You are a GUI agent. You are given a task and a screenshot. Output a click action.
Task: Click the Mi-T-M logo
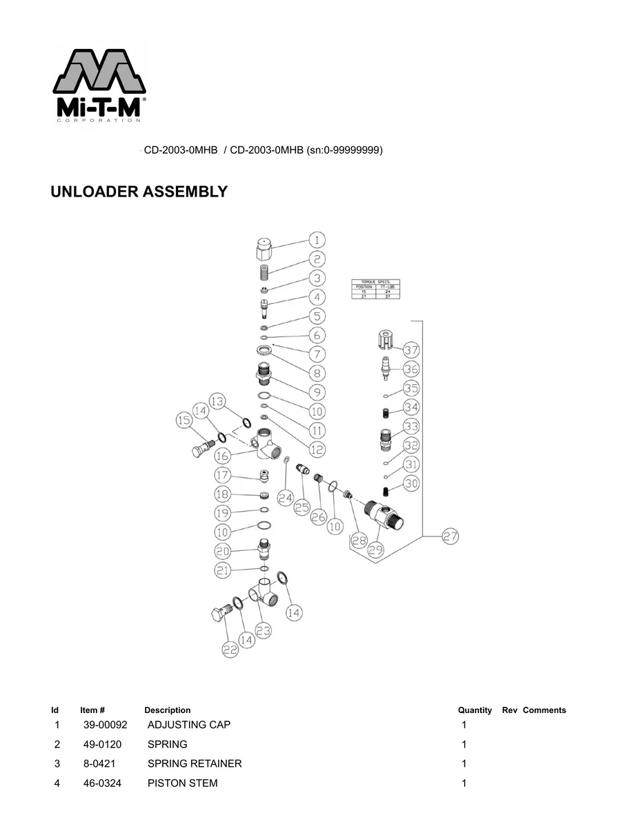click(99, 85)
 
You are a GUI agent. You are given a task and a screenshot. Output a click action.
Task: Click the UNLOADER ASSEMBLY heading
click(139, 192)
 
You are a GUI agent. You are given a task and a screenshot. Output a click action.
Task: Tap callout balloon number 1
click(317, 240)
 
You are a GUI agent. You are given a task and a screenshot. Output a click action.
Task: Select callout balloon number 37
click(411, 350)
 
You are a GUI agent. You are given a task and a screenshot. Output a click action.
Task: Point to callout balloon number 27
click(450, 536)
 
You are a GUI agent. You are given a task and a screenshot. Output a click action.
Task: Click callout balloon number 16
click(222, 456)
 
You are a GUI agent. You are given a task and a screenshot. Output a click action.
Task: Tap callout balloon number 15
click(183, 420)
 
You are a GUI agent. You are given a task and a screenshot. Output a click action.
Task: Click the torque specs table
click(376, 288)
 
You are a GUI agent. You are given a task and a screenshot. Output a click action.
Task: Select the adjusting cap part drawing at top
click(264, 247)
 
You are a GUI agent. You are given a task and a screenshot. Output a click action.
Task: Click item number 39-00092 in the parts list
click(106, 725)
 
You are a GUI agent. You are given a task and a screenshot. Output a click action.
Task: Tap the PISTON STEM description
click(182, 783)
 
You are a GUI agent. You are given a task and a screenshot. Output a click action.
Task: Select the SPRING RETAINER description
click(195, 763)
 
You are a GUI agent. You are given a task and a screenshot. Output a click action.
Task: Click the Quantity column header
click(475, 710)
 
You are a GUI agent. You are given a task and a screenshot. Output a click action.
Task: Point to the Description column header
click(167, 710)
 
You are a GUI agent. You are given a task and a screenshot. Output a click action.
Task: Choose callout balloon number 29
click(377, 550)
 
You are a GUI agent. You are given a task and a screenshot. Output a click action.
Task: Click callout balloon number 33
click(411, 425)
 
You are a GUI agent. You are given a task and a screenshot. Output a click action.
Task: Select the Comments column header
click(544, 710)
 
